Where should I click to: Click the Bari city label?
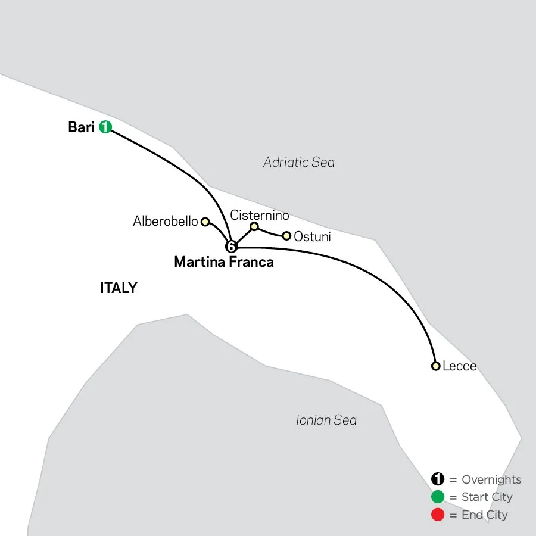tap(82, 127)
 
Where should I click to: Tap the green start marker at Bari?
tap(105, 127)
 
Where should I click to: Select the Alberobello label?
tap(166, 222)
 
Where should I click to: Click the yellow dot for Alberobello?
tap(205, 222)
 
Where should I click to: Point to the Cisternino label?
tap(260, 216)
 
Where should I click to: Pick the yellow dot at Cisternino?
tap(254, 226)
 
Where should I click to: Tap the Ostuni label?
tap(313, 236)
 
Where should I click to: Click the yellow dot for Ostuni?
tap(286, 236)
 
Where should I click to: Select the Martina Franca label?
tap(224, 261)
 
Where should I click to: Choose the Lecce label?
tap(460, 366)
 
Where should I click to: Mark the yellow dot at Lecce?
tap(436, 366)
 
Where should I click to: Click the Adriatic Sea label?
tap(299, 162)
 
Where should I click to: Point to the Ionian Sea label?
tap(326, 420)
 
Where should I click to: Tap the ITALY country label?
tap(119, 288)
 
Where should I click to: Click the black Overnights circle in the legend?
tap(438, 479)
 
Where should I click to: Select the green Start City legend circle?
tap(438, 497)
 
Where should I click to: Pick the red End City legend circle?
tap(438, 514)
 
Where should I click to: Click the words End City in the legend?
tap(485, 515)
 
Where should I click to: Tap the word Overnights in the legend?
tap(491, 480)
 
